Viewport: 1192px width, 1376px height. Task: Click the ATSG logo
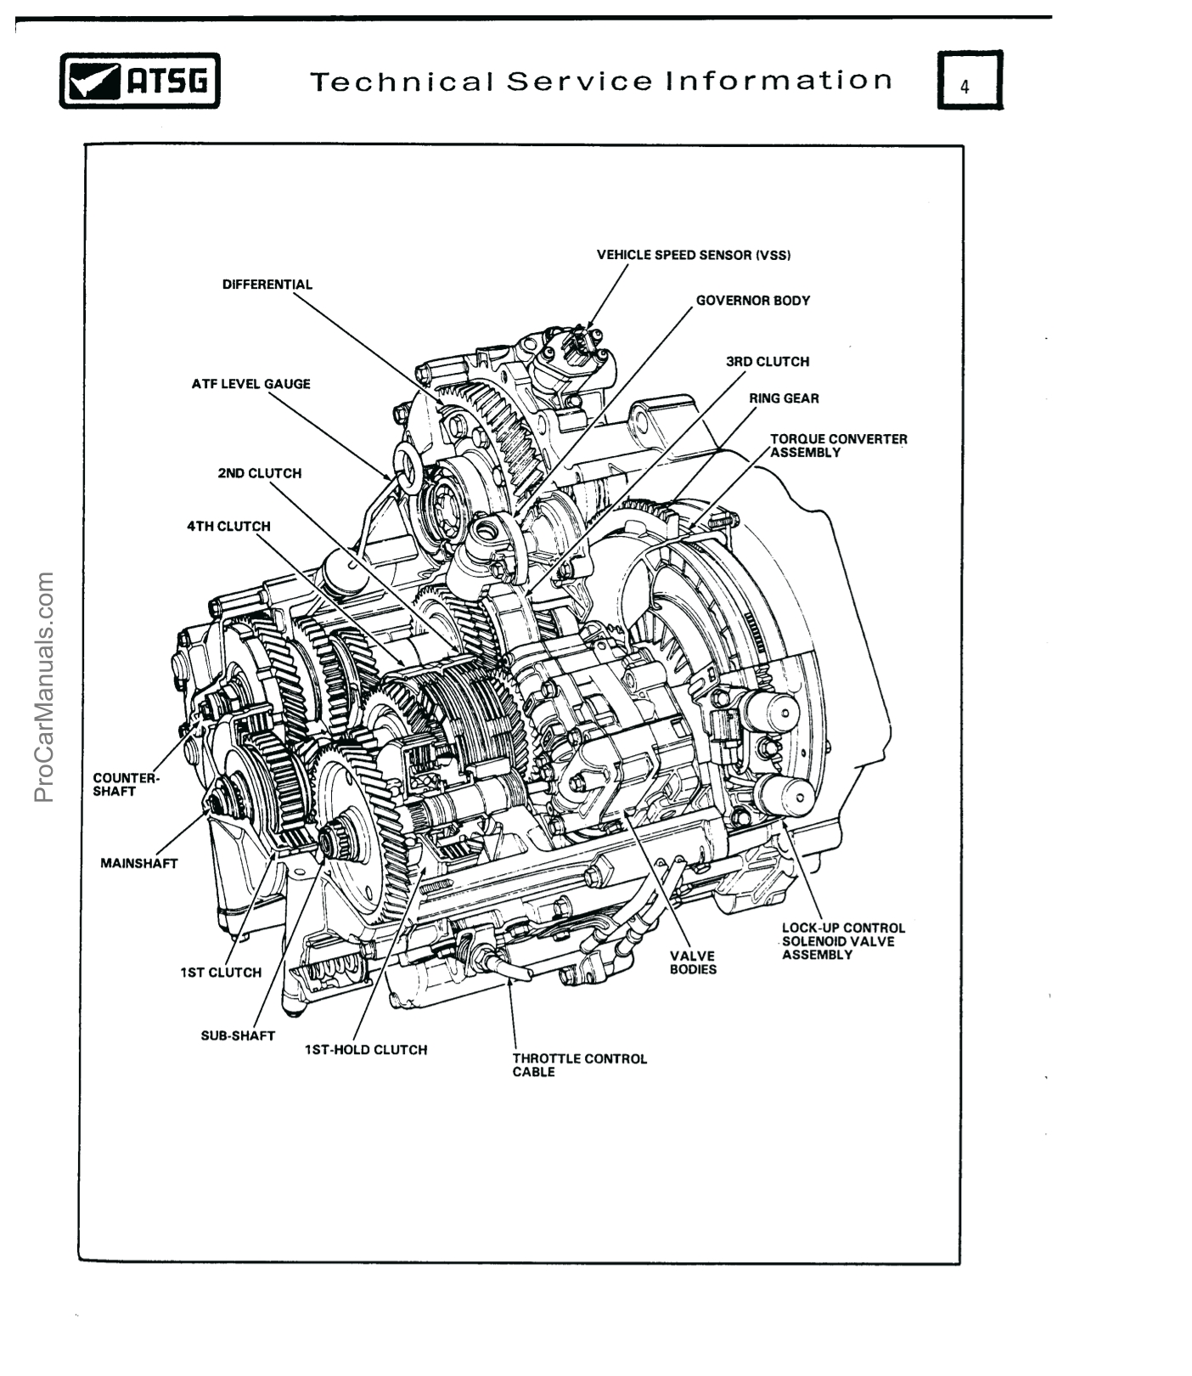point(139,81)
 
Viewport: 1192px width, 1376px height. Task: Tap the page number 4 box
point(970,81)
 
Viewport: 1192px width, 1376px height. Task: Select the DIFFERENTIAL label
point(267,285)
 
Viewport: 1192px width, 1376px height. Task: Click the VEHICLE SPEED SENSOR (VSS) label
point(694,255)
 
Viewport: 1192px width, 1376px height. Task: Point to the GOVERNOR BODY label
point(752,301)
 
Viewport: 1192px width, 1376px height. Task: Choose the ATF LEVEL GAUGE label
point(250,384)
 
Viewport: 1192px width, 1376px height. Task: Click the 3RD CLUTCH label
point(767,362)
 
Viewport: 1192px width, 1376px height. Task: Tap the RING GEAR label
point(783,398)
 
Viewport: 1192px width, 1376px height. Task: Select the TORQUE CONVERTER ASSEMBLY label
point(837,446)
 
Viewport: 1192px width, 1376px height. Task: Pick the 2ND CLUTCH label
point(259,473)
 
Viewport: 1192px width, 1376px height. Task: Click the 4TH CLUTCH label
point(228,527)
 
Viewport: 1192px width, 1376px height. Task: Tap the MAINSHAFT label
point(138,864)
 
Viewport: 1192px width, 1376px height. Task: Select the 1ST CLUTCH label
point(221,973)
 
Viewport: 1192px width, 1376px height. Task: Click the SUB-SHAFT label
point(238,1036)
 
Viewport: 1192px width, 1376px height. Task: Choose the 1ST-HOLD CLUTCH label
point(365,1050)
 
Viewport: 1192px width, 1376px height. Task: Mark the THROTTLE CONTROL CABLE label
point(579,1065)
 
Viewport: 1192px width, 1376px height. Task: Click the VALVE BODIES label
point(692,962)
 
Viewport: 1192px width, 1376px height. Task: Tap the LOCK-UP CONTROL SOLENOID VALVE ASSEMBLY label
point(842,941)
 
